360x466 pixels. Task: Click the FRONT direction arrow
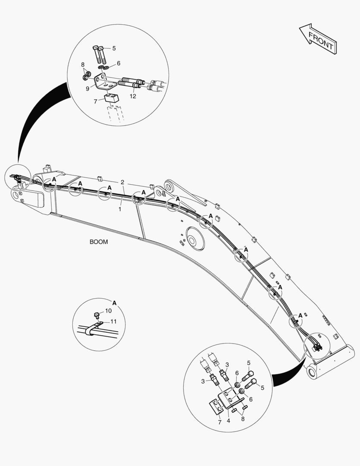tap(319, 39)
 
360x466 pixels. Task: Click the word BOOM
tap(99, 242)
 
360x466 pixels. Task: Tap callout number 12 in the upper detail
tap(133, 96)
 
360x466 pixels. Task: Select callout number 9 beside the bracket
tap(87, 88)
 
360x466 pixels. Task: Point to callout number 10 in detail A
tap(108, 311)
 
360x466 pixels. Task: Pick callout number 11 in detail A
tap(113, 321)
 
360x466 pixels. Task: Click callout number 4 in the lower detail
tap(229, 422)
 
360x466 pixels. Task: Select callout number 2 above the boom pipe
tap(122, 182)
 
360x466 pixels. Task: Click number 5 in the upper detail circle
tap(114, 48)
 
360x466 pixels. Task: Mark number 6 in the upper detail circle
tap(118, 63)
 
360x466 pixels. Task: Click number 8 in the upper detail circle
tap(83, 65)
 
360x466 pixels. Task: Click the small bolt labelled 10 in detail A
tap(97, 314)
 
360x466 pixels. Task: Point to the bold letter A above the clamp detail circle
tap(114, 303)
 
